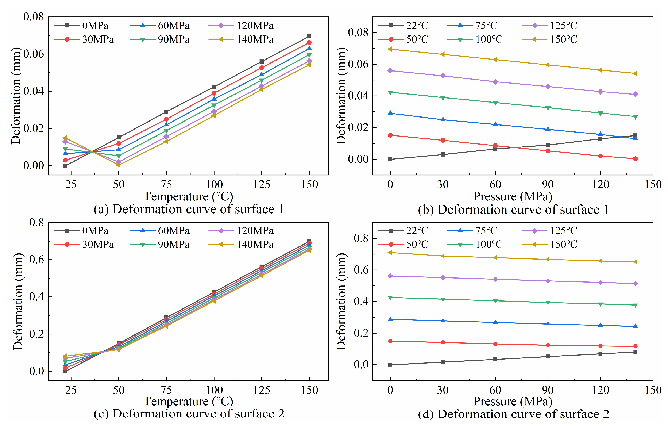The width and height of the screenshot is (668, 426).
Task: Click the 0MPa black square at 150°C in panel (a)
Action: click(309, 36)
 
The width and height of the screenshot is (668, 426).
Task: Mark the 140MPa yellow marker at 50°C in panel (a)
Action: click(119, 165)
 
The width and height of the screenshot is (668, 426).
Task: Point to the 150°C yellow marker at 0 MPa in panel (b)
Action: click(390, 49)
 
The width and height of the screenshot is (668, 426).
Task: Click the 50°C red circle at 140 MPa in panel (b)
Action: click(635, 159)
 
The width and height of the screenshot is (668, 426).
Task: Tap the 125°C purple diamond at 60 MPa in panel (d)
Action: click(495, 279)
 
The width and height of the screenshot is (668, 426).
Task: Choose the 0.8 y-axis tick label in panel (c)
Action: click(37, 222)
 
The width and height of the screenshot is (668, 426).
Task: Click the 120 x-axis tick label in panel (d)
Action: click(600, 390)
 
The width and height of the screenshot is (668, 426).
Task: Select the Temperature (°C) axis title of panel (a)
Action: click(188, 196)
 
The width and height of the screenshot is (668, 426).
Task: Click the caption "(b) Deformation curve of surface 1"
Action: click(513, 210)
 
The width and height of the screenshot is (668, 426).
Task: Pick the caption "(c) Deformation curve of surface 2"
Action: click(189, 414)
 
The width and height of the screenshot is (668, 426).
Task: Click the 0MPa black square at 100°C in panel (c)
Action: click(214, 292)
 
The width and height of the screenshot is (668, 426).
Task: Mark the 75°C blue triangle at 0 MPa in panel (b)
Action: click(390, 113)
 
